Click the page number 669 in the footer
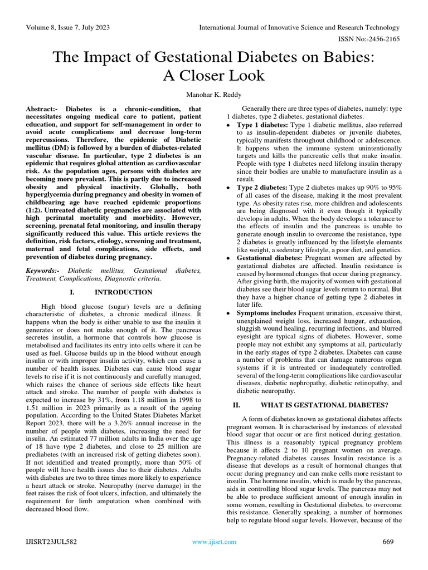tap(387, 542)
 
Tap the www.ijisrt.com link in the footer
tap(214, 542)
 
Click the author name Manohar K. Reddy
tap(214, 94)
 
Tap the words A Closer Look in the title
tap(214, 75)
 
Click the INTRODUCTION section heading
tap(123, 292)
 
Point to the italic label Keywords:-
tap(45, 270)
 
